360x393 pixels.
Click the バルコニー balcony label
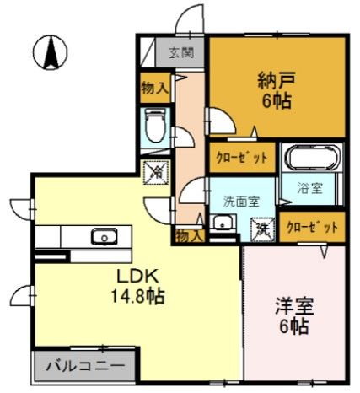84,367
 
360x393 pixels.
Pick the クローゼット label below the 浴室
312,227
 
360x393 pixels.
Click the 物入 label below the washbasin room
187,235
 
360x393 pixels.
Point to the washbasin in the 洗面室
222,223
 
